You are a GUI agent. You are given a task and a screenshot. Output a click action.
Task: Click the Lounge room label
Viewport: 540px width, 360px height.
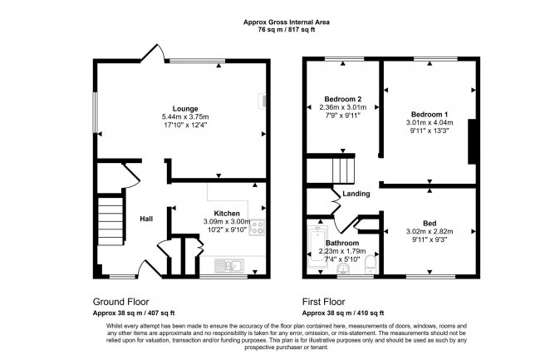[x=184, y=108]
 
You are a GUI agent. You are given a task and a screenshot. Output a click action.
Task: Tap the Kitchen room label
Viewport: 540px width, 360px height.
[x=227, y=212]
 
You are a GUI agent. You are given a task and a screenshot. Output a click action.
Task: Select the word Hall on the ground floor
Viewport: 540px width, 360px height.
[x=145, y=219]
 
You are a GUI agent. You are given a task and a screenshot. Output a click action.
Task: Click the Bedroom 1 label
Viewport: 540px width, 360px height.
[x=430, y=114]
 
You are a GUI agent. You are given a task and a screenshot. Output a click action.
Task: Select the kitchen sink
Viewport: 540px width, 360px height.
[x=226, y=265]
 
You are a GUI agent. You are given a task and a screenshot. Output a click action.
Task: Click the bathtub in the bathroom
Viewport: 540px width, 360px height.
[x=314, y=244]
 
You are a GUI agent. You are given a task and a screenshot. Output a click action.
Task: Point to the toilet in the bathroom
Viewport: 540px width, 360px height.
[x=371, y=263]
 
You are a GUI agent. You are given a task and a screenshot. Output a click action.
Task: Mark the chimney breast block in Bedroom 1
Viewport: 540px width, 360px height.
[x=473, y=141]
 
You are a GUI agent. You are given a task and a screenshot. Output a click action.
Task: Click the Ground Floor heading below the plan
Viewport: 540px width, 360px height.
[x=120, y=303]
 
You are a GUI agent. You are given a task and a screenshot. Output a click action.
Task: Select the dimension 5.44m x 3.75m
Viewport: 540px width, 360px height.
[x=184, y=117]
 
